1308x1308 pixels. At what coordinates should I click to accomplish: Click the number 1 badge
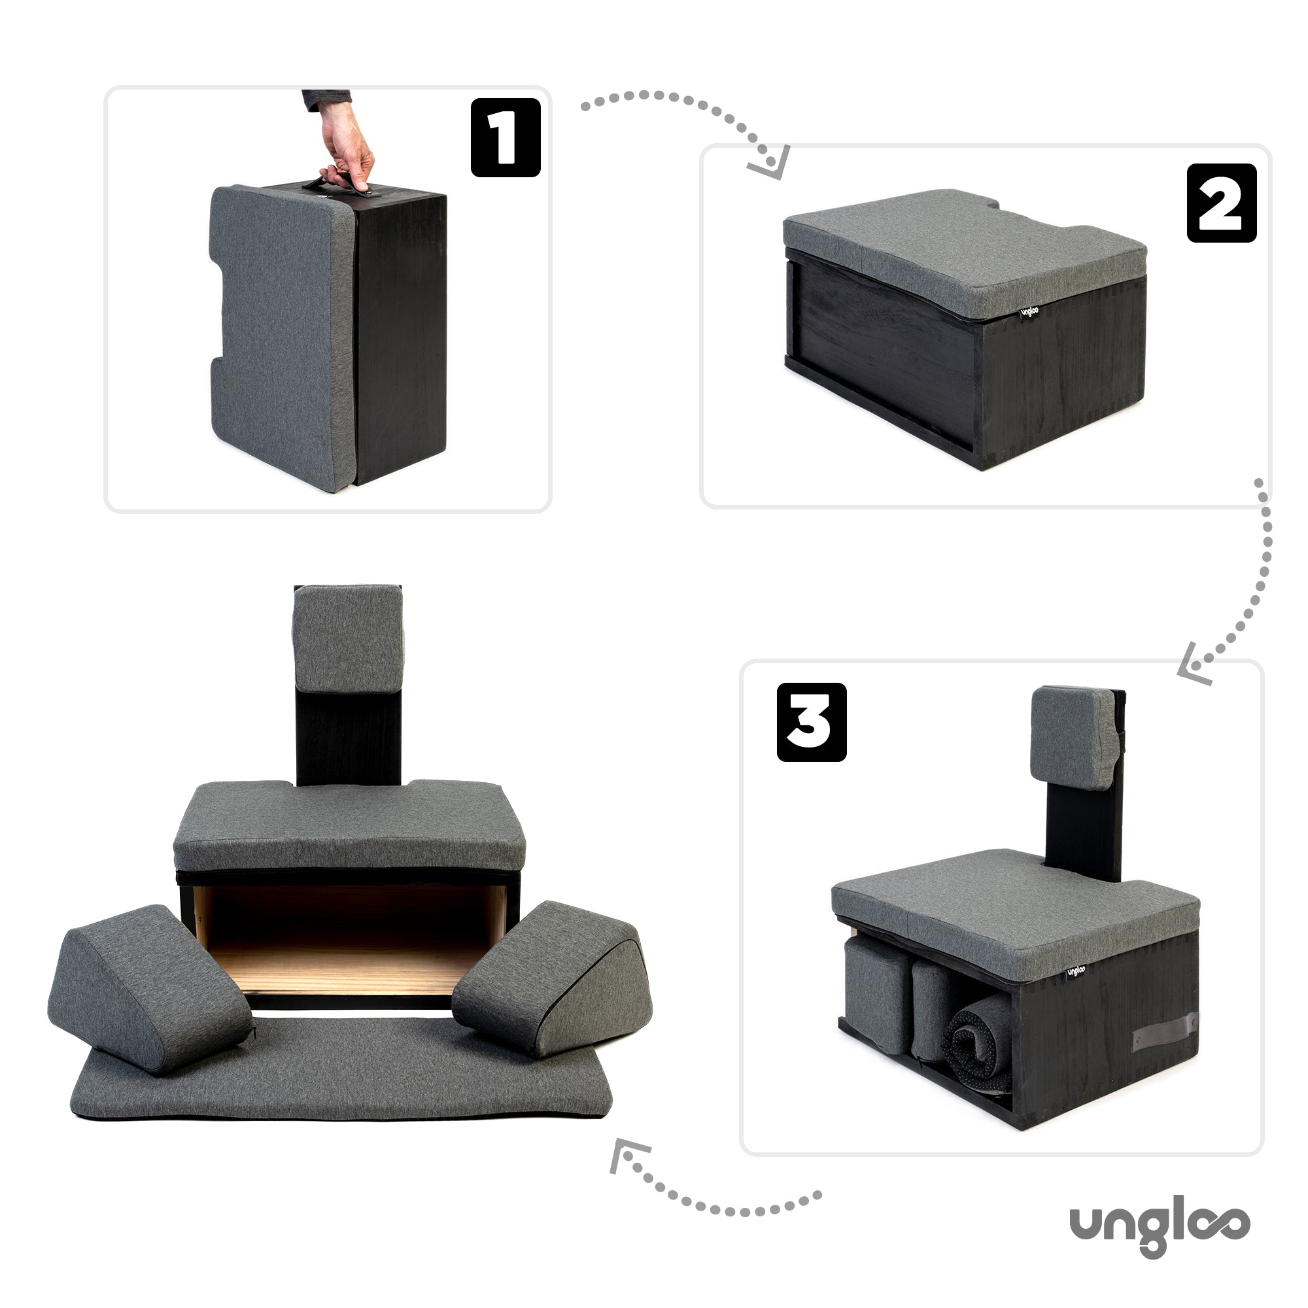pyautogui.click(x=505, y=137)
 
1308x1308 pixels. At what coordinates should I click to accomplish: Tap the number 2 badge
pyautogui.click(x=1221, y=203)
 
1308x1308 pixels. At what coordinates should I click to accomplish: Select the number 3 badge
pyautogui.click(x=811, y=723)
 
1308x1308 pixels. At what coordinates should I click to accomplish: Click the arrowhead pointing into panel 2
pyautogui.click(x=772, y=165)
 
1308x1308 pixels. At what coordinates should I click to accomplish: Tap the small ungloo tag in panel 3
pyautogui.click(x=1076, y=972)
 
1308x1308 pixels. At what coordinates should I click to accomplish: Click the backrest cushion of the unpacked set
pyautogui.click(x=347, y=638)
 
